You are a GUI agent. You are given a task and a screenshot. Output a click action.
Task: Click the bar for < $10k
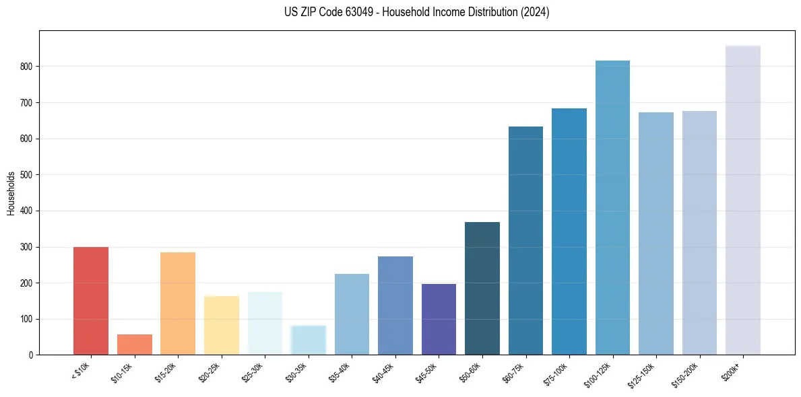[90, 301]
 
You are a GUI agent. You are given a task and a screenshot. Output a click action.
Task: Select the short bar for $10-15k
[134, 345]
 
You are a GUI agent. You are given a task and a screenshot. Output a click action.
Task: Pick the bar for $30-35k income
[308, 340]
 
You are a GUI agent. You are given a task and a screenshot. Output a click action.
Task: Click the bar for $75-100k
[569, 231]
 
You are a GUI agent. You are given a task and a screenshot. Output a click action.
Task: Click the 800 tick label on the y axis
[26, 67]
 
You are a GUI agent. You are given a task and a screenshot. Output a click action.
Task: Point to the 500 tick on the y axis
[26, 175]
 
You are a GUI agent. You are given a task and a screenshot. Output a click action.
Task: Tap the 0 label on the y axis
[30, 355]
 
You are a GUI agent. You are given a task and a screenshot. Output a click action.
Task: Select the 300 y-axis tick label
[26, 247]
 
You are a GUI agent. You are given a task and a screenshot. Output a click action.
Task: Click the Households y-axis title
[11, 193]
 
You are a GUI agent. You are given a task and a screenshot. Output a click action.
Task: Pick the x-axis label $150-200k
[686, 373]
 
